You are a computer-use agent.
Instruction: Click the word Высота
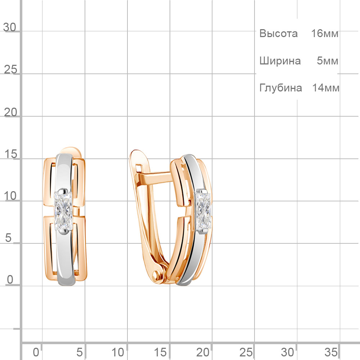coord(279,33)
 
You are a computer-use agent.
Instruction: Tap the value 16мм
coord(325,33)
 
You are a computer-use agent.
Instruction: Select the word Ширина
coord(280,61)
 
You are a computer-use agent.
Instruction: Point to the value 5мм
coord(327,61)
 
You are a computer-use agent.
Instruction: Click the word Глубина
coord(280,88)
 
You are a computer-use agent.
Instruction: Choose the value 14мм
coord(326,88)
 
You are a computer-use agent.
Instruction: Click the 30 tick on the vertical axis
coord(10,27)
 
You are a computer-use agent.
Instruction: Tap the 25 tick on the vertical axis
coord(10,69)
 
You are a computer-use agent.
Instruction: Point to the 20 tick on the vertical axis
coord(10,112)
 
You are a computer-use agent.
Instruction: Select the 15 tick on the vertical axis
coord(10,154)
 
